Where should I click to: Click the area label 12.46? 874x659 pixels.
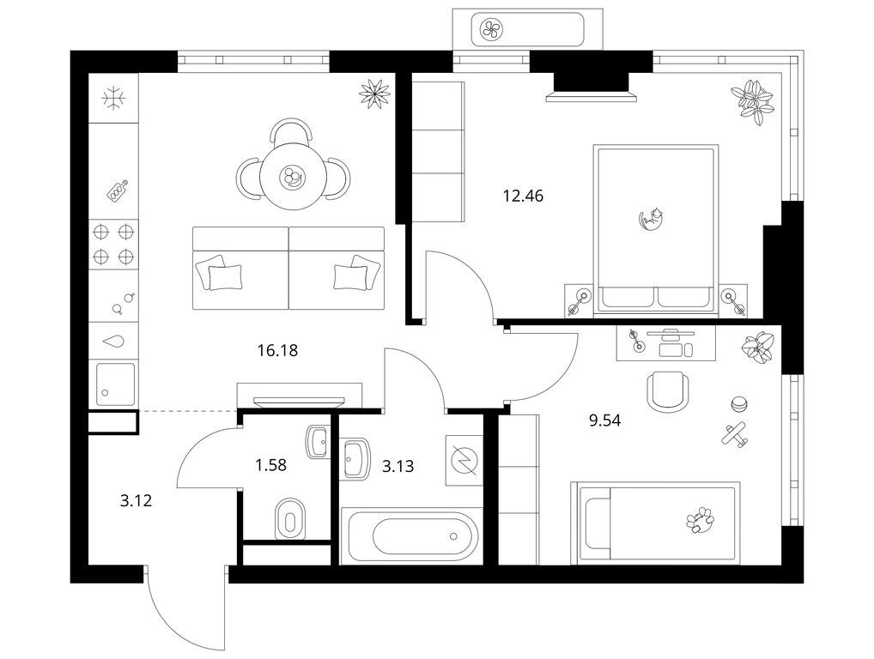523,196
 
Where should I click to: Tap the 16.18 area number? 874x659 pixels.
277,350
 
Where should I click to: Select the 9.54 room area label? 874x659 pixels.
604,420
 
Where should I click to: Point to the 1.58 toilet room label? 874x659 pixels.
271,464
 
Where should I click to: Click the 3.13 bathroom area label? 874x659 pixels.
398,466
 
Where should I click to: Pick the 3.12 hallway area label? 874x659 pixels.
136,501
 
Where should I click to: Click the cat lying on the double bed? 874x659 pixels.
651,218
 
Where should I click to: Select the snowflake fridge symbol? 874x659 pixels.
113,98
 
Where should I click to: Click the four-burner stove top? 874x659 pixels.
113,243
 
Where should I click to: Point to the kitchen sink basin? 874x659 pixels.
115,384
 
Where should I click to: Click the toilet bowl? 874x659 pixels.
290,519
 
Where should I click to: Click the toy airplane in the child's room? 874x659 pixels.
736,434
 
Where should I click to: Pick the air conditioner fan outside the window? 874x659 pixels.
492,29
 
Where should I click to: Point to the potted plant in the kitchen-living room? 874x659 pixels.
374,93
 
